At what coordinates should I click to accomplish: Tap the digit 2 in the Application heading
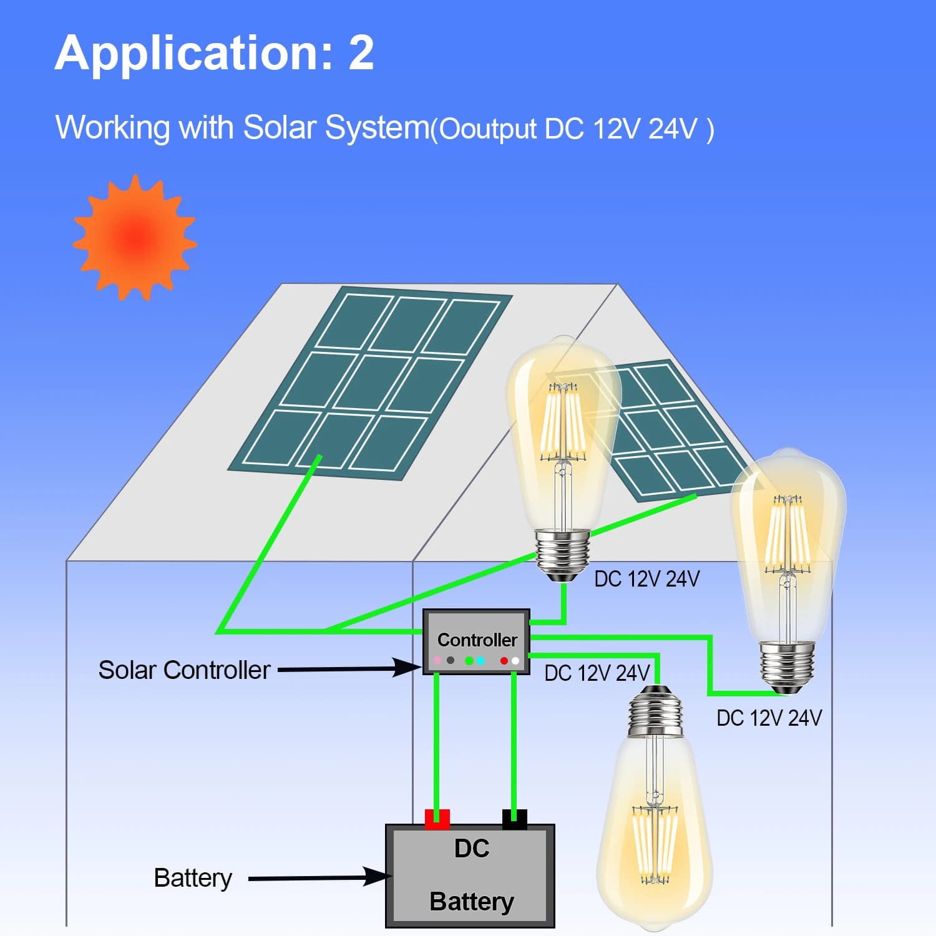click(x=361, y=52)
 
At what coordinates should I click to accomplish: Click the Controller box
click(x=476, y=641)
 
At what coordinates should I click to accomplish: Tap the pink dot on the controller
click(x=437, y=660)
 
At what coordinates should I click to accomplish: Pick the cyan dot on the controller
click(x=480, y=660)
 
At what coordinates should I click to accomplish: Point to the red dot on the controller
click(x=504, y=660)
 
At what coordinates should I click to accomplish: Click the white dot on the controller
click(x=515, y=660)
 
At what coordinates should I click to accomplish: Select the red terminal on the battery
click(x=437, y=819)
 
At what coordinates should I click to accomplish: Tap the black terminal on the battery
click(x=515, y=819)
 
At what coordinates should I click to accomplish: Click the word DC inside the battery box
click(x=472, y=849)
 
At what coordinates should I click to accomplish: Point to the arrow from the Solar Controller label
click(x=350, y=668)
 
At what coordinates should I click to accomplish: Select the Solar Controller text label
click(x=184, y=670)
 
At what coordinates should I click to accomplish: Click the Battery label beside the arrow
click(x=193, y=879)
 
